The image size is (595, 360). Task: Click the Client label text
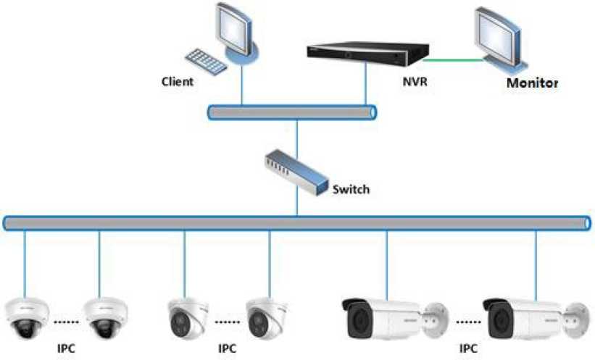178,82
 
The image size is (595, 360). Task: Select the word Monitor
532,83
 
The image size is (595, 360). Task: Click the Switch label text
351,190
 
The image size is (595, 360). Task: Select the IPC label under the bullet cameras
468,348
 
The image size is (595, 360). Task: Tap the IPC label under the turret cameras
228,348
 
